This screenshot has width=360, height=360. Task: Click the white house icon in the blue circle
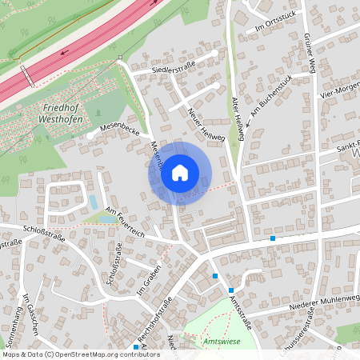[x=180, y=172]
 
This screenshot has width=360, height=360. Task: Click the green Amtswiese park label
[x=222, y=341]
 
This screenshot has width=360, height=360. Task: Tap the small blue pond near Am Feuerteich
[x=94, y=202]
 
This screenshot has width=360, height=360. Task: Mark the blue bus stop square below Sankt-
[x=273, y=238]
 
